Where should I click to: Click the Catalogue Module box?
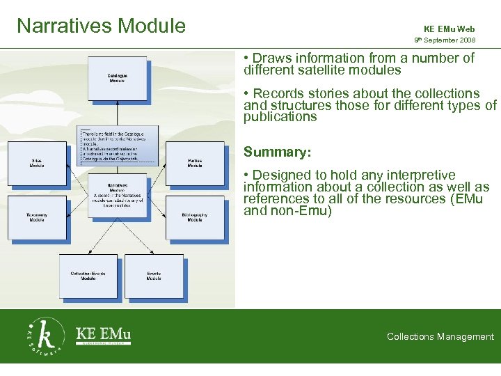tap(117, 79)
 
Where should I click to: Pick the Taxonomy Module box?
tap(37, 217)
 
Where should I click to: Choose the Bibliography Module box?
tap(195, 217)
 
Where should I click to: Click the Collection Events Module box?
tap(88, 276)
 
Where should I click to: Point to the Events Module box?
tap(154, 276)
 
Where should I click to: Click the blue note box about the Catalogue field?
tap(118, 146)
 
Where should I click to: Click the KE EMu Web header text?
tap(449, 29)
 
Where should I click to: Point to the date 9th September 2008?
tap(445, 41)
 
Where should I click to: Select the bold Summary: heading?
tap(277, 152)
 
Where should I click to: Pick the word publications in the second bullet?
tap(280, 117)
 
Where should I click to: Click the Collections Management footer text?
tap(440, 337)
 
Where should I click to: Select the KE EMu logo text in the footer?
tap(103, 333)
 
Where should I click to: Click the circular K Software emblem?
tap(46, 336)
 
